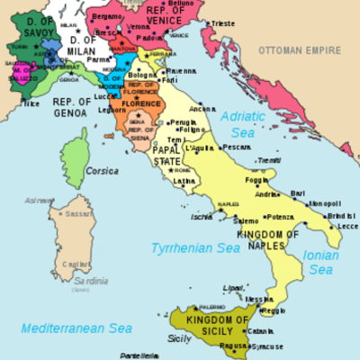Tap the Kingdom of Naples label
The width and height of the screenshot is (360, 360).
[268, 240]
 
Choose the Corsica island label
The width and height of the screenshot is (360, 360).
[102, 170]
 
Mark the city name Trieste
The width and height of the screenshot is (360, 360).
[247, 23]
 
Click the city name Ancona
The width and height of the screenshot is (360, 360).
[202, 110]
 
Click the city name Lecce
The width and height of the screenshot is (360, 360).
[347, 227]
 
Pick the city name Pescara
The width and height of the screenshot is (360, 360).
[236, 146]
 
